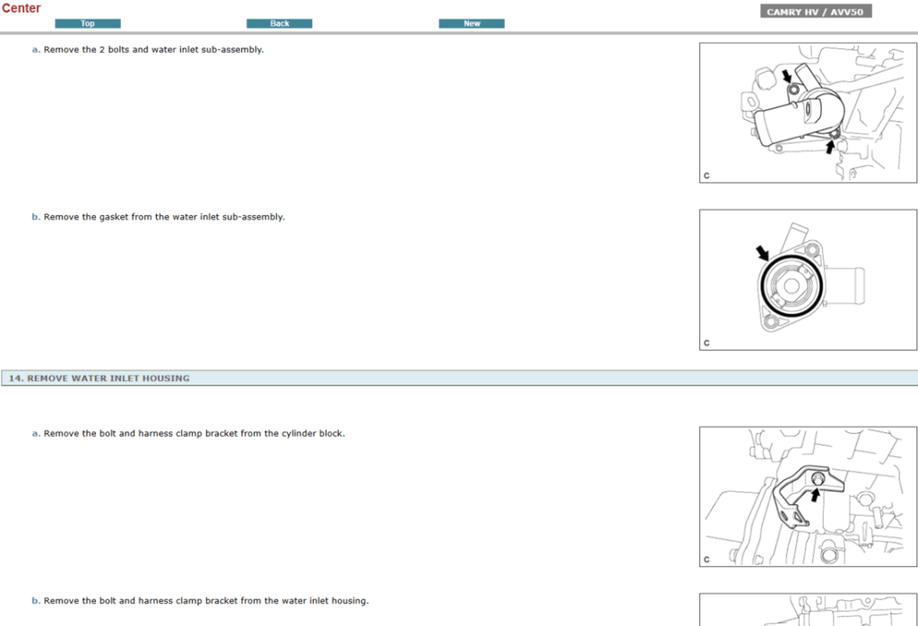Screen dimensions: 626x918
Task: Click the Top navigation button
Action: coord(88,23)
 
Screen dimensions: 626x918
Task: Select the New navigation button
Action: coord(472,23)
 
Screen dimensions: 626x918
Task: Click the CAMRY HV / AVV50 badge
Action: coord(816,12)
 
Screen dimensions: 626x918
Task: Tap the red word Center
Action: coord(21,8)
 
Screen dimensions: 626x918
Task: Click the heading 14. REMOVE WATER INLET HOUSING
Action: coord(100,378)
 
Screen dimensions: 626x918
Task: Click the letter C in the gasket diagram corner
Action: coord(706,343)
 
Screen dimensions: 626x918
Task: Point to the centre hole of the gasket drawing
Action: coord(793,288)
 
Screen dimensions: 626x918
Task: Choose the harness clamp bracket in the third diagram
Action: coord(793,499)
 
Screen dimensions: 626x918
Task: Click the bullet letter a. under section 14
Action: coord(36,434)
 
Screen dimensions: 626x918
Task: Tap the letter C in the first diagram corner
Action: coord(706,176)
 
